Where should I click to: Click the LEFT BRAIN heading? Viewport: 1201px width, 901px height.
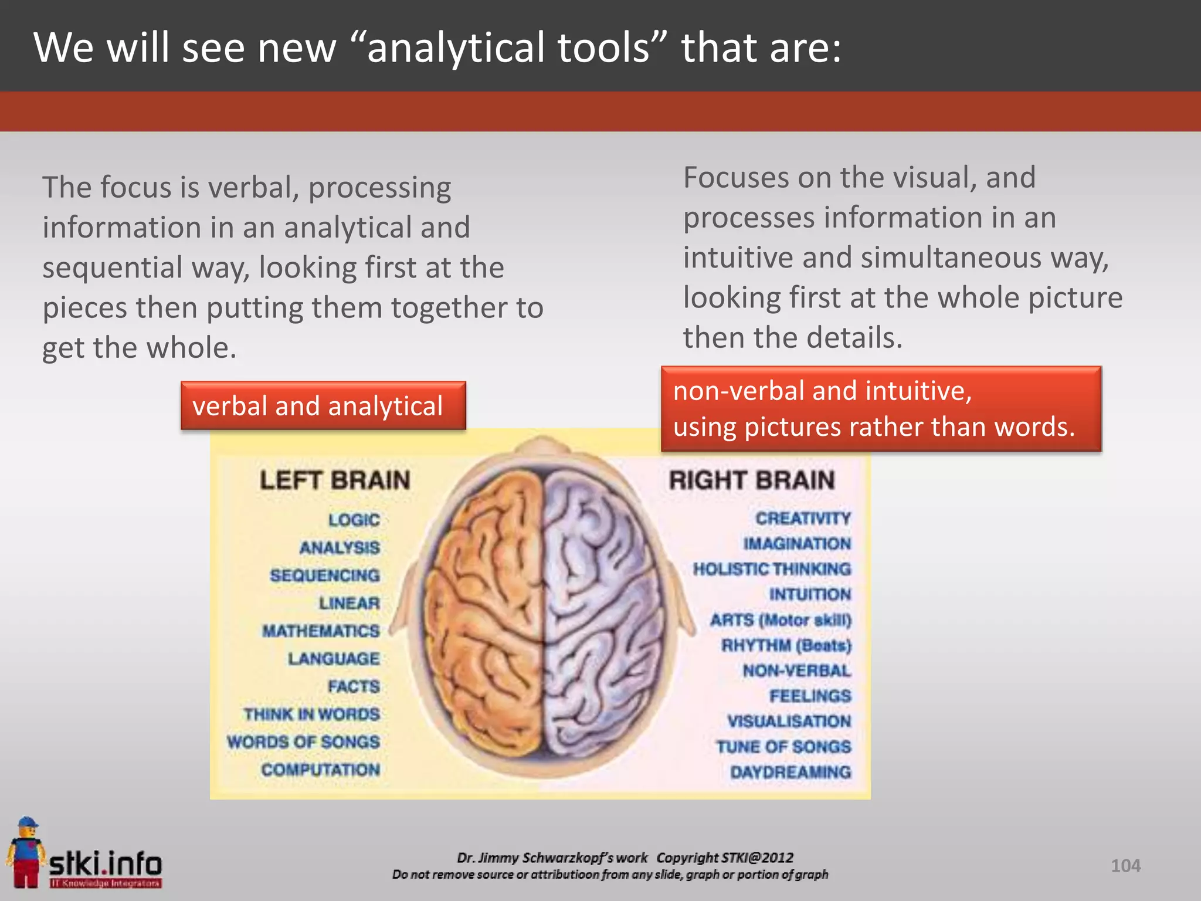335,480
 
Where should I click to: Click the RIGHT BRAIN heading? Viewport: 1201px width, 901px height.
752,480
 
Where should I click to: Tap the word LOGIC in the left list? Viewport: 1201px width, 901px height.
354,520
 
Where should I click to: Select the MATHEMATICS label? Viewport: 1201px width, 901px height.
321,631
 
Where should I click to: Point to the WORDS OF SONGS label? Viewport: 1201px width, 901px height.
303,742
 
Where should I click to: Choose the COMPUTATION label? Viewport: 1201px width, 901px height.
321,770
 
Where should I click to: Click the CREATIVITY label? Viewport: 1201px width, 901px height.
803,519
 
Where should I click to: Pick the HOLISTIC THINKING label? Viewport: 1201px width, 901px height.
772,569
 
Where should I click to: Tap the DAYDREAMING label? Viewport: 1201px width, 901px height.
791,773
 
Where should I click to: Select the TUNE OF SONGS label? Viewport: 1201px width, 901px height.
783,747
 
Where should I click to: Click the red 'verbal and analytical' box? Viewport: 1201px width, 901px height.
323,406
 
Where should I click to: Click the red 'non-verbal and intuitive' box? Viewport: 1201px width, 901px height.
881,409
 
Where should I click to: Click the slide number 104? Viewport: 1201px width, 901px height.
1125,866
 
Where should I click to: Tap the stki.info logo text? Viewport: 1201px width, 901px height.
106,863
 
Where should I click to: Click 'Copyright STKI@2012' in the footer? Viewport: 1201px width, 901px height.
725,858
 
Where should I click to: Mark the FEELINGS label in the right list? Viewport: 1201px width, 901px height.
810,696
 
